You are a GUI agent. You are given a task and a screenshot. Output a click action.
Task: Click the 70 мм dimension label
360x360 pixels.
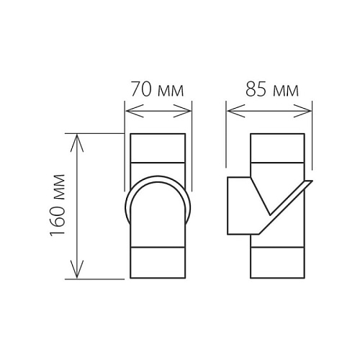click(158, 89)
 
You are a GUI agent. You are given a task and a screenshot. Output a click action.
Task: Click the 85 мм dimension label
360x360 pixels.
click(272, 90)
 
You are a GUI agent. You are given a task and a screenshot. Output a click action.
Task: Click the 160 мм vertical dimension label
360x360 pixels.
click(58, 205)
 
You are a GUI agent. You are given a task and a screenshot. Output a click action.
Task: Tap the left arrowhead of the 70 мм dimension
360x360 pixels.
click(135, 111)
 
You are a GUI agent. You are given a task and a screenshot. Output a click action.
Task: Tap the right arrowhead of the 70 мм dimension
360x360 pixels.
click(182, 111)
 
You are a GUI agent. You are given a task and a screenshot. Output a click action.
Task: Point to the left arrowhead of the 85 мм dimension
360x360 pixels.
click(236, 111)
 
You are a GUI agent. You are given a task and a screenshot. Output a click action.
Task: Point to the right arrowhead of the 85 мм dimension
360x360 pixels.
click(302, 111)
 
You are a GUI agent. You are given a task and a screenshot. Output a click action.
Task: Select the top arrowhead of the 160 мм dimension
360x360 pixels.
click(77, 143)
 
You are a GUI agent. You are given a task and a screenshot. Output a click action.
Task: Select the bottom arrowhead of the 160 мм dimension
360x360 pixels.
click(77, 269)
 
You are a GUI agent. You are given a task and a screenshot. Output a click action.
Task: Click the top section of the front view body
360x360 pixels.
click(158, 148)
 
